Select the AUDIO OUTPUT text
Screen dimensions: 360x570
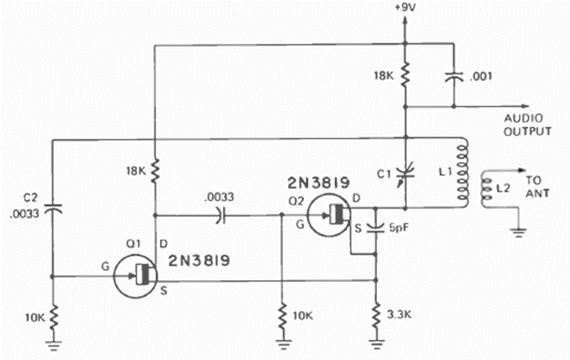click(x=528, y=124)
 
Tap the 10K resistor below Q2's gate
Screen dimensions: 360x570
click(x=282, y=314)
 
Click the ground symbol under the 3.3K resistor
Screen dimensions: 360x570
click(x=376, y=344)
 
